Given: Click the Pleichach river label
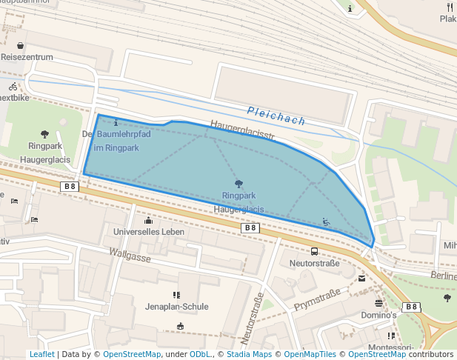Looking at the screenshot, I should [x=276, y=116].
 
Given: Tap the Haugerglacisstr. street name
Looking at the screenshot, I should [x=242, y=130].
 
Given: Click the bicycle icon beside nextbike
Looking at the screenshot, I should [x=13, y=86].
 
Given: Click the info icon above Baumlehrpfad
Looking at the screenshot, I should [x=116, y=122].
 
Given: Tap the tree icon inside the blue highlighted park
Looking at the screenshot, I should [x=238, y=184].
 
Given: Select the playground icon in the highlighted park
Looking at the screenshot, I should [x=326, y=221].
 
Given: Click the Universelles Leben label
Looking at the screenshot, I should [x=148, y=232].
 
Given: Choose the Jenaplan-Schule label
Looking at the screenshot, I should [x=176, y=307].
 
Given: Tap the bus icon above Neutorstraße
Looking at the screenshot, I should [x=315, y=251].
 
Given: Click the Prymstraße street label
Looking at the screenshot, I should [x=317, y=299].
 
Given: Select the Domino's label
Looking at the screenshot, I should [x=379, y=315].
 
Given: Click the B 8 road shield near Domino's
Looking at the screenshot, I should [x=411, y=307].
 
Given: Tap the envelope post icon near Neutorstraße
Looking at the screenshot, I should [x=361, y=279].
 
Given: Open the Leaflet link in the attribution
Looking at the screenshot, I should [x=42, y=354].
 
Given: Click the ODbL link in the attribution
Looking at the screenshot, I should [x=199, y=354].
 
